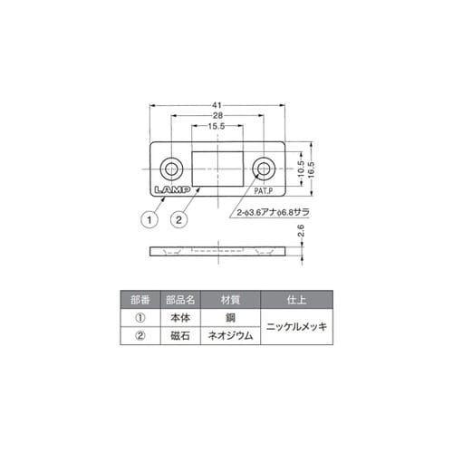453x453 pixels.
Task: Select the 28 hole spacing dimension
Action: tap(217, 117)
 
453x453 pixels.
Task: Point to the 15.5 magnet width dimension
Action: tap(217, 129)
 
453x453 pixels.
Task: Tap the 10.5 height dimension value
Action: tap(300, 169)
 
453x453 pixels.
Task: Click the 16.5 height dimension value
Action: tap(310, 169)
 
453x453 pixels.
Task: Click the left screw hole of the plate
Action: tap(170, 169)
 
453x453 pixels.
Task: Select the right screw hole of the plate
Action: tap(264, 169)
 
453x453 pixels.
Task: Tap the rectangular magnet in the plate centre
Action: tap(217, 169)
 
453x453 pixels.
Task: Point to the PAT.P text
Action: tap(265, 192)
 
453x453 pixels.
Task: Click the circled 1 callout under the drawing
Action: tap(144, 218)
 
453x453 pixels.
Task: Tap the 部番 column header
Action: tap(140, 299)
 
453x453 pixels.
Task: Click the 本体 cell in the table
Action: tap(179, 318)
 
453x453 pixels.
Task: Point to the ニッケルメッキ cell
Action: tap(294, 327)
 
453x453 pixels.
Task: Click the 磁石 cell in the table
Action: tap(179, 336)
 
